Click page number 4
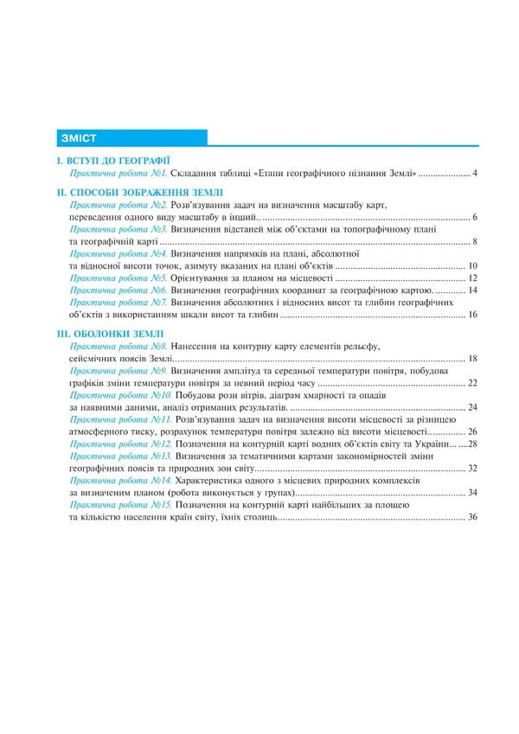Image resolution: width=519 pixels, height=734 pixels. coord(475,175)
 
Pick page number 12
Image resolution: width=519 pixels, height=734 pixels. coord(472,278)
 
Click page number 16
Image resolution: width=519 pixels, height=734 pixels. coord(472,315)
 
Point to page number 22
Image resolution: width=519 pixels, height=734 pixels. coord(472,382)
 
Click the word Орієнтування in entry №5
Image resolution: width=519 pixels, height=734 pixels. coord(203,278)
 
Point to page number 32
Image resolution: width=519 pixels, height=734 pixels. coord(472,468)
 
